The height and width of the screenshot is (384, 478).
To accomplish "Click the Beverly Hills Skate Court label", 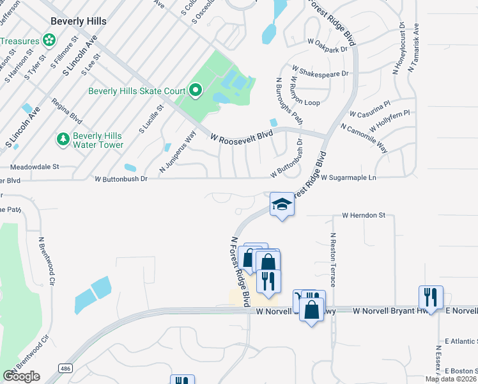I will pos(137,91).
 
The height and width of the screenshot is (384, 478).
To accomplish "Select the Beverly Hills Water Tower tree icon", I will pos(63,139).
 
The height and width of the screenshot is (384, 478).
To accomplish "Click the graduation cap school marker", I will pos(282,205).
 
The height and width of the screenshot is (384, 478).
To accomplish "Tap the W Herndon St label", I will pos(364,216).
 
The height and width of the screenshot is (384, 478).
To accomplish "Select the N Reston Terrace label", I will pos(333,259).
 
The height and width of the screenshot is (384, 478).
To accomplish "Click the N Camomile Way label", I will pos(364,138).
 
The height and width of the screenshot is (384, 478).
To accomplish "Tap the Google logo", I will pos(21,376).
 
